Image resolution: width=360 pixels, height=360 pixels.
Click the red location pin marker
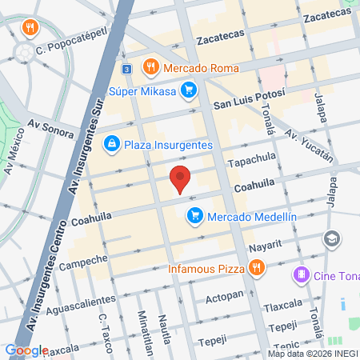point(181,178)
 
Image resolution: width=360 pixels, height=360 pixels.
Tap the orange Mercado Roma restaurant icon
point(149,68)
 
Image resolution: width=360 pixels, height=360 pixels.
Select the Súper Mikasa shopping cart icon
point(189,90)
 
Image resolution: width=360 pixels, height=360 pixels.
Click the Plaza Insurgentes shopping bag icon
point(113,144)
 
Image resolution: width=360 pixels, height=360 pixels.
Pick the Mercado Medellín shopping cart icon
point(194,215)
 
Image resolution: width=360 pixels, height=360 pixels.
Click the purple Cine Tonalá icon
point(301,276)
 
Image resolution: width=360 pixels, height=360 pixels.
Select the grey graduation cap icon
point(330,239)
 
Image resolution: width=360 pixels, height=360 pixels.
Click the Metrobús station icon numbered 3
point(126,69)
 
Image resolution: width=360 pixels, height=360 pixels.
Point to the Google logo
point(26,350)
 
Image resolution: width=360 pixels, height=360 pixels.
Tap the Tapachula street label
point(252,161)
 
